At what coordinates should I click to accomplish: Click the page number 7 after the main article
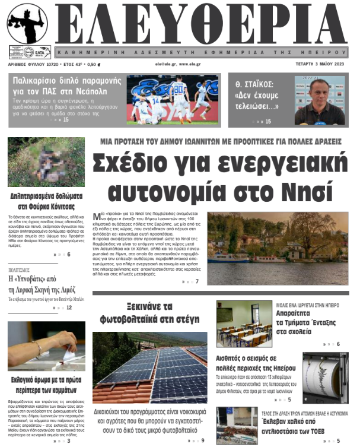pyautogui.click(x=197, y=281)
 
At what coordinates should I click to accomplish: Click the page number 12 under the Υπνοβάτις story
pyautogui.click(x=69, y=307)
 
